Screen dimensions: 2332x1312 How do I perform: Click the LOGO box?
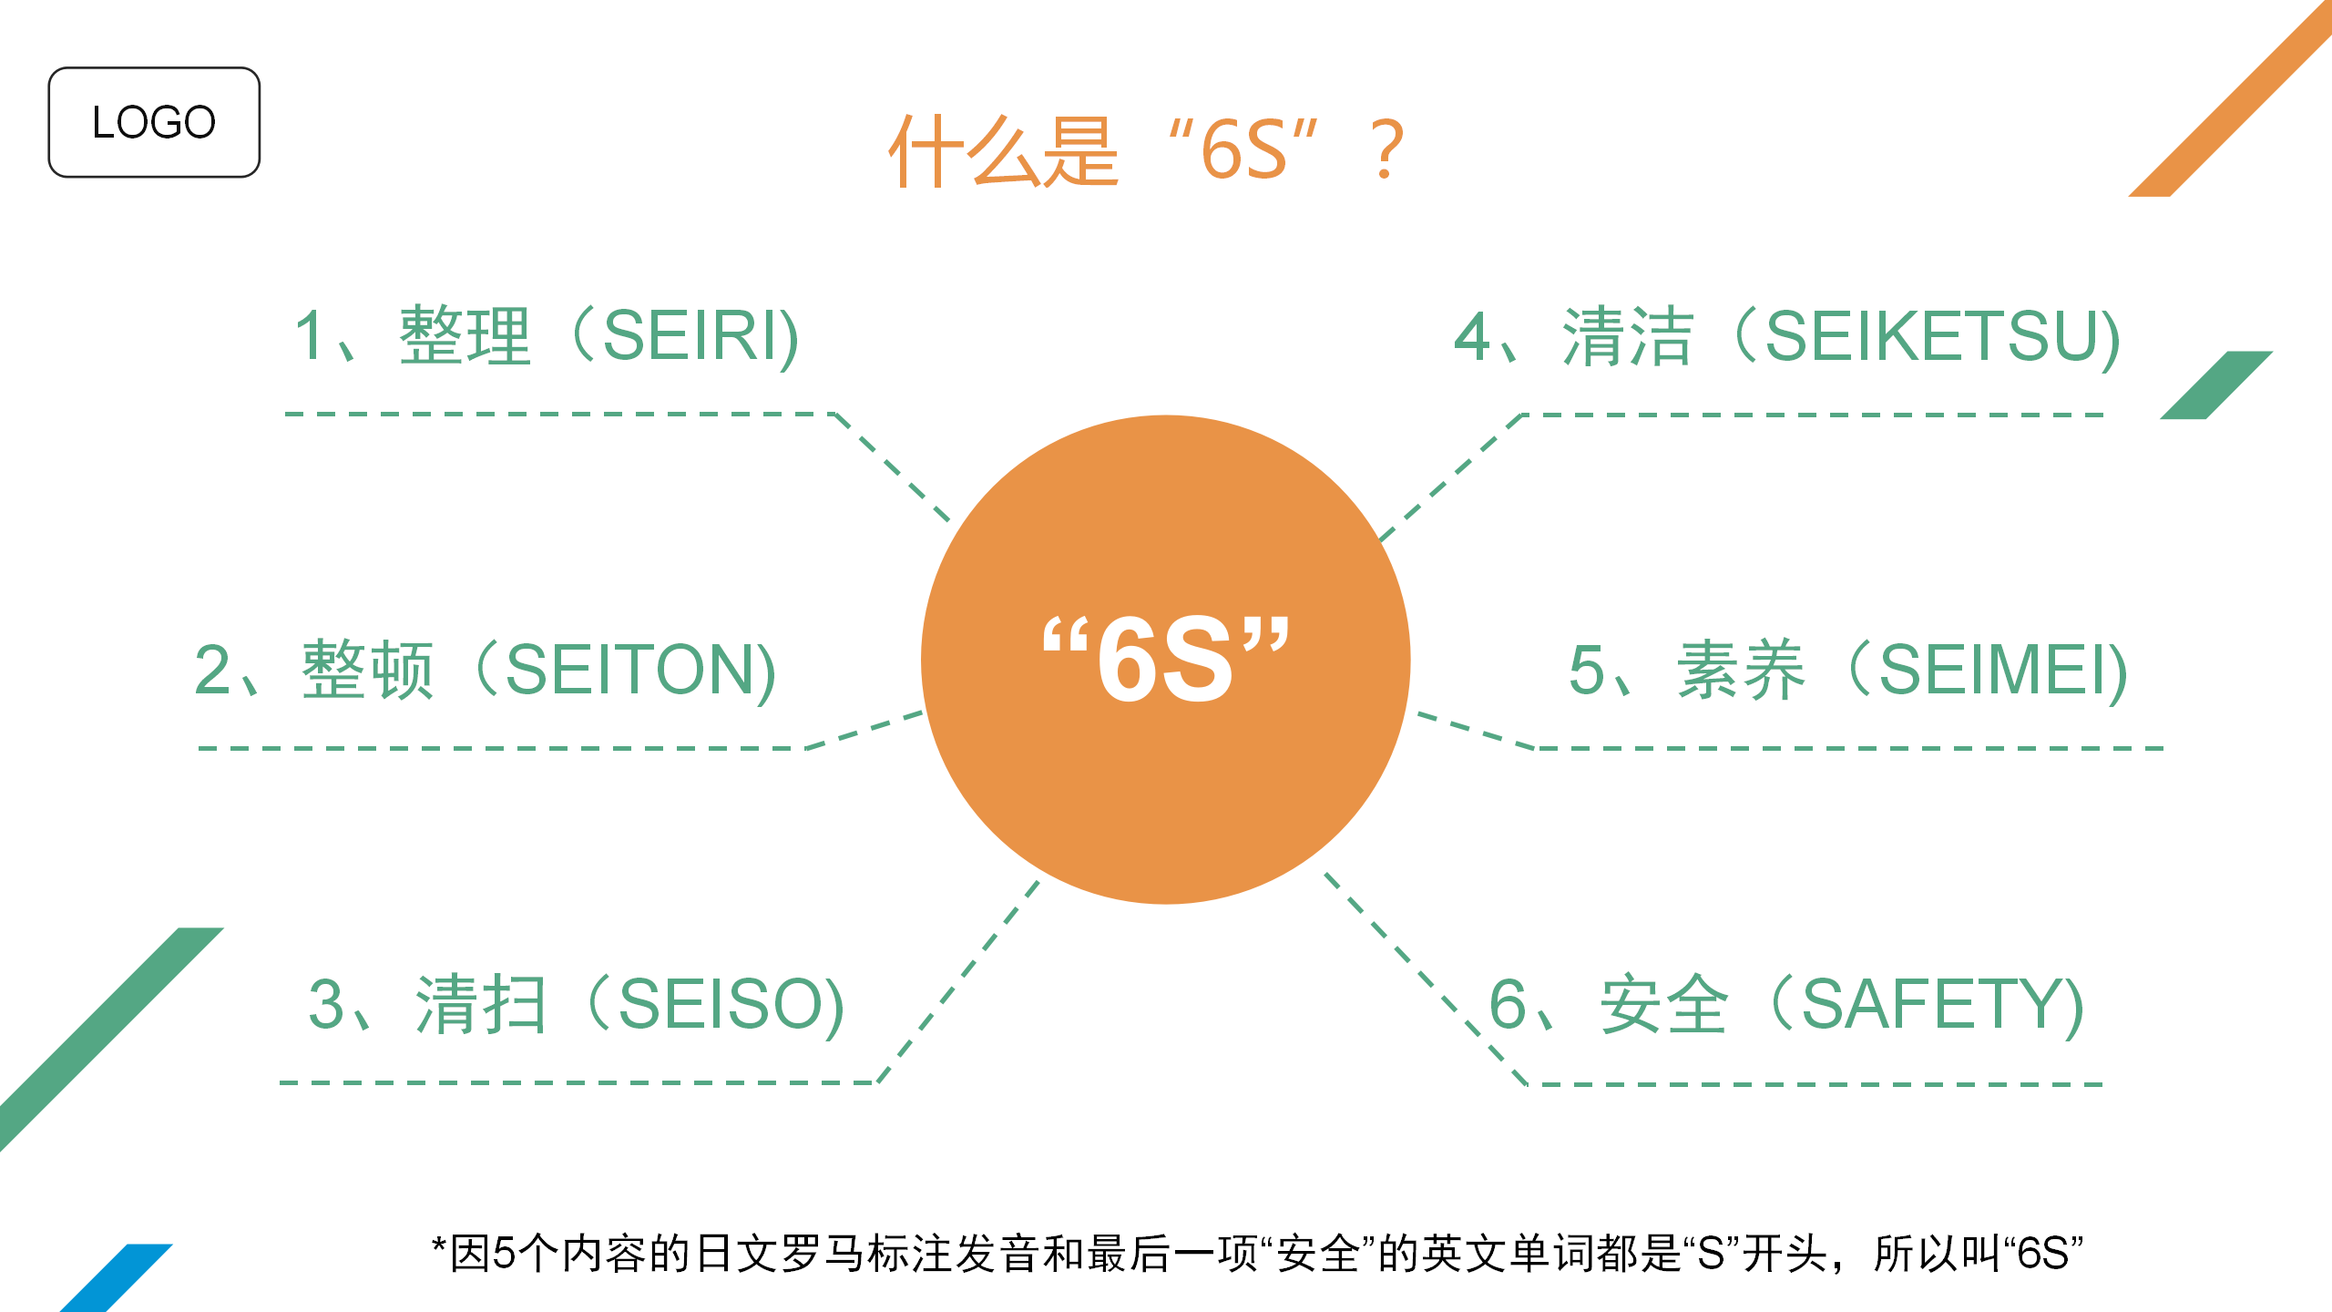154,122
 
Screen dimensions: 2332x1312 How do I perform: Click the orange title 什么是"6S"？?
1147,151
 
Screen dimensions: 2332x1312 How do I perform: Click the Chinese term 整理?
465,336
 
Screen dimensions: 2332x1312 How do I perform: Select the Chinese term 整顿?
367,670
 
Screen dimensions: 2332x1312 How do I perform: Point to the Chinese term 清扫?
481,1004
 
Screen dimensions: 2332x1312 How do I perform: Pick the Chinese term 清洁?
1628,336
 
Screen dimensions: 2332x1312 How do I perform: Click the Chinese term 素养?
1741,670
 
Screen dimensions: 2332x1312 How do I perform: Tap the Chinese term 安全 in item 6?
1664,1004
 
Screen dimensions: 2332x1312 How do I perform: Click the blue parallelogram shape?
117,1277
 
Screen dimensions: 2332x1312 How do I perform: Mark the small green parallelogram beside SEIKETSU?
2216,384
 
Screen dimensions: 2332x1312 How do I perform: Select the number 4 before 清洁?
1471,336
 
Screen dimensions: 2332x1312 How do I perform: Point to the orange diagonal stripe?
2230,98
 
